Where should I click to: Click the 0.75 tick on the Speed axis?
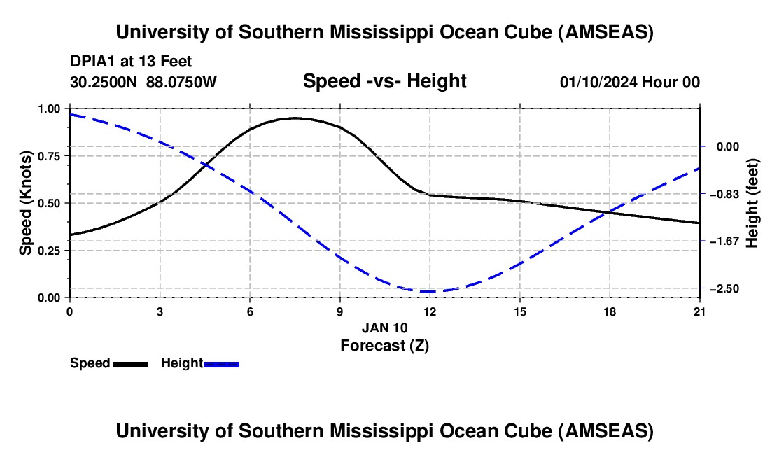point(49,156)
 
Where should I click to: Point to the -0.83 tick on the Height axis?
point(724,194)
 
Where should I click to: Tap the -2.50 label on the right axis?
point(724,288)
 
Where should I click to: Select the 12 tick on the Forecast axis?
point(430,311)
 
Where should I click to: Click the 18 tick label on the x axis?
point(610,311)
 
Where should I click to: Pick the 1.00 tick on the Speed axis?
point(49,108)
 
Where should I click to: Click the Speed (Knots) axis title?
point(25,203)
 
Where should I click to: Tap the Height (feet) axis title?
point(752,203)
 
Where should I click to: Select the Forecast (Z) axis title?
point(385,346)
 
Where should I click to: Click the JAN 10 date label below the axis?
point(385,328)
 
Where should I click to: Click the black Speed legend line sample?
point(131,364)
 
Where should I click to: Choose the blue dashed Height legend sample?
point(221,364)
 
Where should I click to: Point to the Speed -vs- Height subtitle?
point(384,81)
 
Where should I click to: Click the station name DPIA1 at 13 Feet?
point(131,62)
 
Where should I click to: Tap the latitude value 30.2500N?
point(104,82)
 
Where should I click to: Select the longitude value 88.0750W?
point(181,82)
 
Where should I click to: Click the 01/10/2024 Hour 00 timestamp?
point(629,82)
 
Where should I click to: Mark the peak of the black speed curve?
point(295,118)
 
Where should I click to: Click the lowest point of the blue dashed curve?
point(430,292)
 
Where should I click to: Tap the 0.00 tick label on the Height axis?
point(728,147)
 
